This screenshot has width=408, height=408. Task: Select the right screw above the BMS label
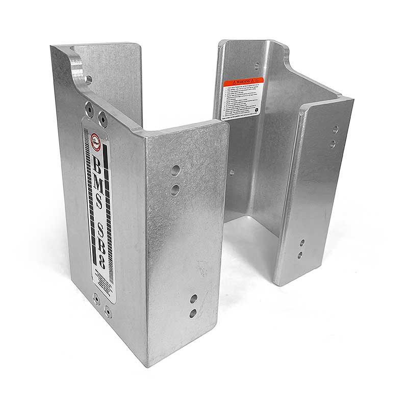pos(103,119)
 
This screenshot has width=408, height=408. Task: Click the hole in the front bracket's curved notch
pos(89,80)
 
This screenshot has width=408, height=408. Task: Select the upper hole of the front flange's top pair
pos(175,169)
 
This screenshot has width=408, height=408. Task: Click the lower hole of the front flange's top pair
pos(175,190)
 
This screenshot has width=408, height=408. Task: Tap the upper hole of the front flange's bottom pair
pos(194,298)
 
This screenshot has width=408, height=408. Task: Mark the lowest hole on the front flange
pos(193,313)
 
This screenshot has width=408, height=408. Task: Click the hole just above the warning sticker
pos(257,65)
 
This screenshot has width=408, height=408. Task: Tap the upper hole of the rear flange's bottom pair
pos(302,242)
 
